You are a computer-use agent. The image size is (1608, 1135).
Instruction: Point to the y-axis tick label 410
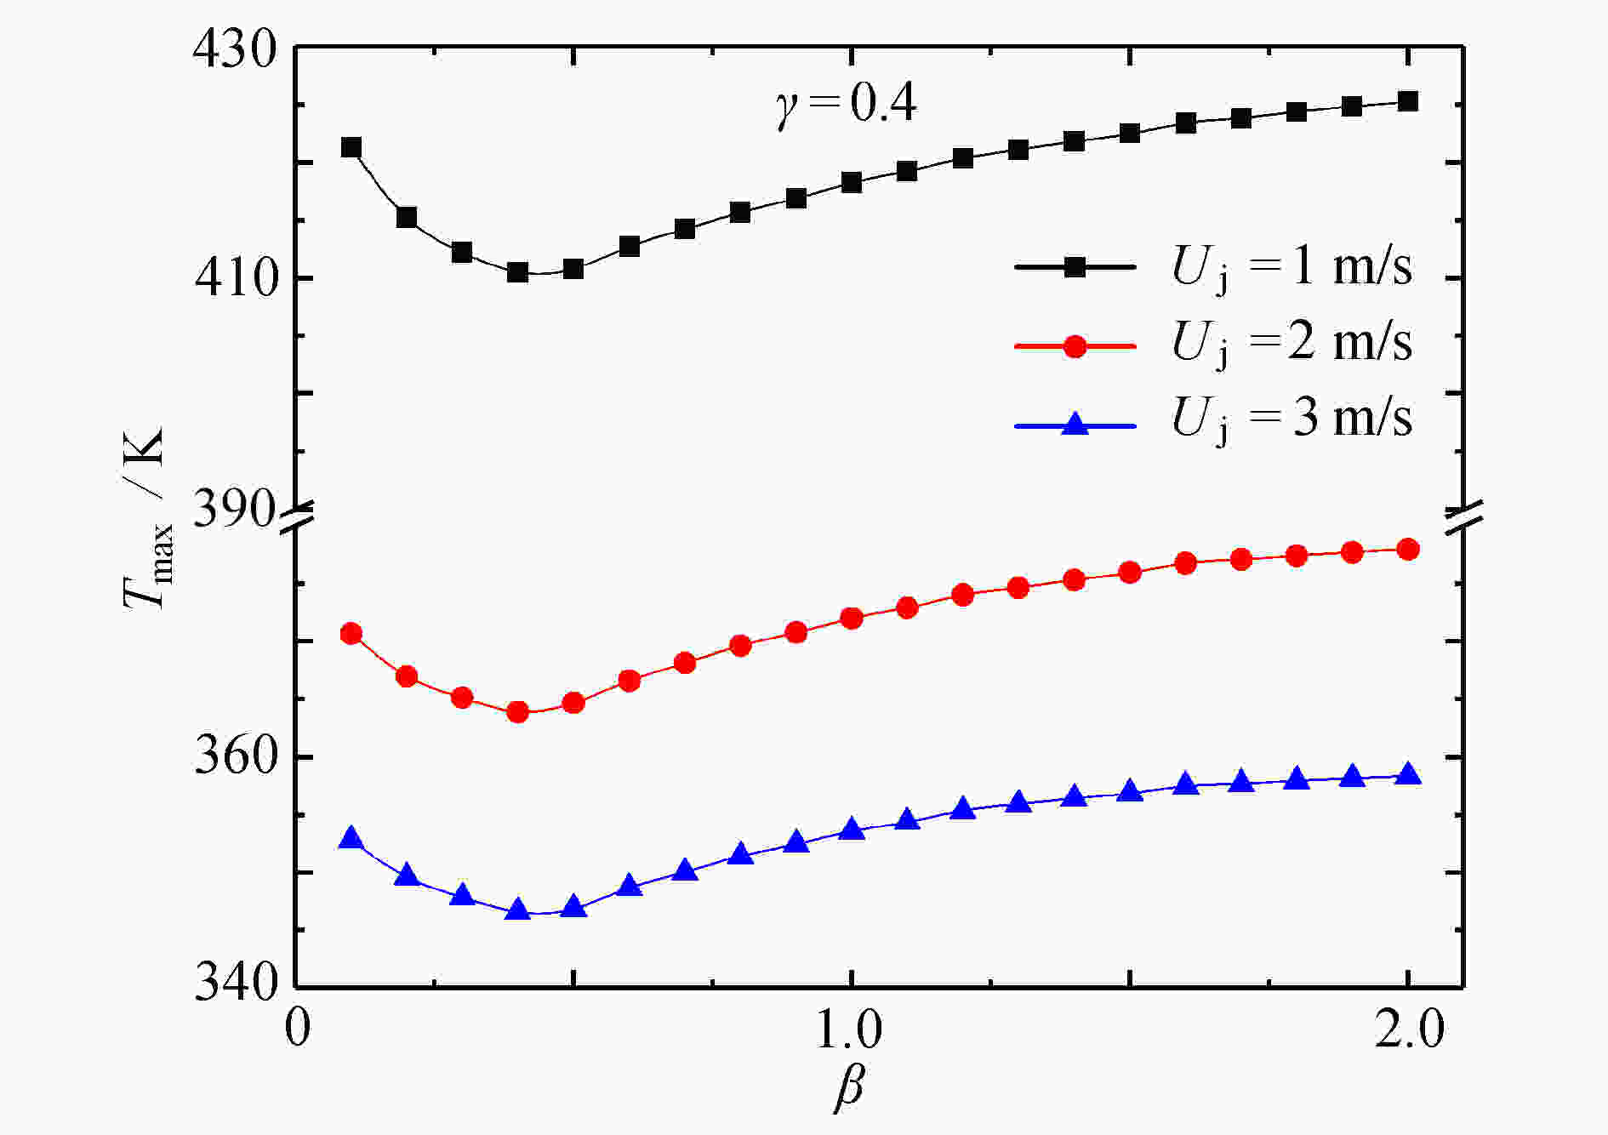coord(236,279)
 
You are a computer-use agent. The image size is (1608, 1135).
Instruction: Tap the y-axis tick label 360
coord(236,756)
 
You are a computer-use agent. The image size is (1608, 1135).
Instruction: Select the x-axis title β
coord(848,1088)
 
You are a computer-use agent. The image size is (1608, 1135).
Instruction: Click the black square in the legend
coord(1075,267)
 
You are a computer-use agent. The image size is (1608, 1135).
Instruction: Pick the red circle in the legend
coord(1075,345)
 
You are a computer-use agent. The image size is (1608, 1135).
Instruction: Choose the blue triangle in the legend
coord(1075,423)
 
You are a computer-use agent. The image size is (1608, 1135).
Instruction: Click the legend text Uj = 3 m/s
coord(1292,419)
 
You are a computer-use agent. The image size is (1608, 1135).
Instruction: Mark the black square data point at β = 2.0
coord(1408,101)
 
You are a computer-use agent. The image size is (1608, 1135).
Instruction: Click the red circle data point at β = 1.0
coord(851,619)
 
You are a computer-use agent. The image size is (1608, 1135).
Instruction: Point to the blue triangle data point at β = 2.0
coord(1408,774)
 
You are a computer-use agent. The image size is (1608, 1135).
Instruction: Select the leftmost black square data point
coord(351,148)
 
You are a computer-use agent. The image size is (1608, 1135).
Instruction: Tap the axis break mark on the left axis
coord(297,520)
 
